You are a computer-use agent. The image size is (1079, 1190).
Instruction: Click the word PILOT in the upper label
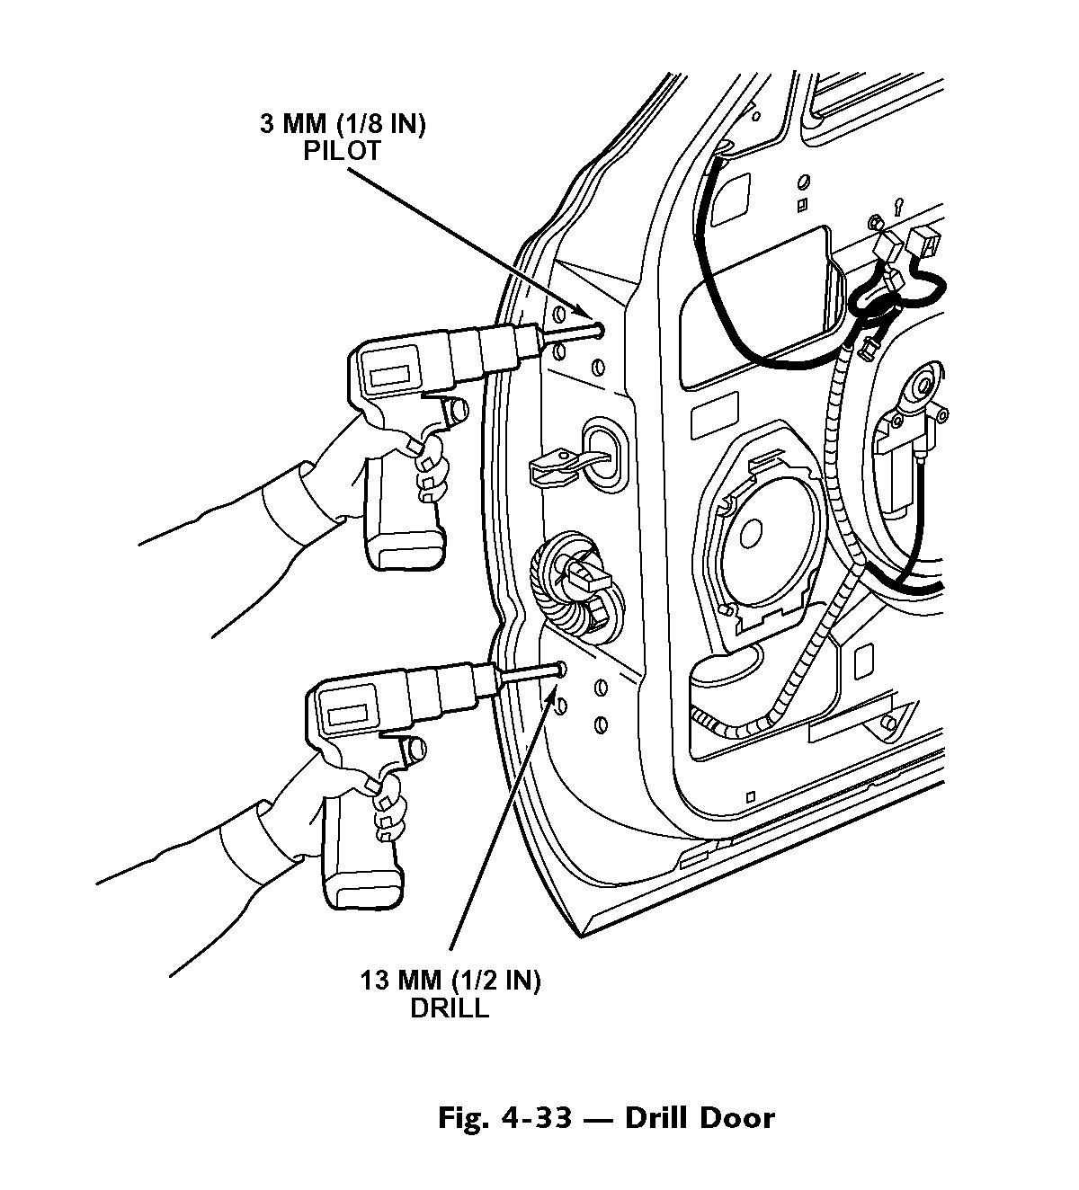(x=342, y=151)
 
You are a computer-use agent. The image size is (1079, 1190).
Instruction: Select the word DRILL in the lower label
(x=450, y=1008)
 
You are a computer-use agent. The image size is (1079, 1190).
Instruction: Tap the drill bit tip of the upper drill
(x=601, y=329)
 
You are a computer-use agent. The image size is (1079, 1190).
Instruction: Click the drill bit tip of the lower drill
(x=559, y=670)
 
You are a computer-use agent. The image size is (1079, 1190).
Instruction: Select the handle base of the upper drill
(x=404, y=550)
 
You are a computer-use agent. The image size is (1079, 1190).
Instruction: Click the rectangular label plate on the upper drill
(x=392, y=375)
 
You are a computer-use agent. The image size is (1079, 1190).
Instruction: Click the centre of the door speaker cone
(x=751, y=534)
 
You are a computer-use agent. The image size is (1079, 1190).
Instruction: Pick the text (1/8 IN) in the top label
(x=388, y=125)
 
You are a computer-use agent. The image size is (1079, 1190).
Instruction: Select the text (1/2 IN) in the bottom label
(x=495, y=981)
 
